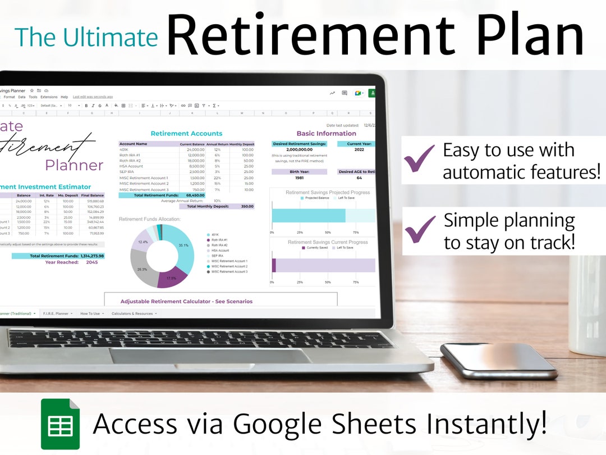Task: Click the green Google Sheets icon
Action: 60,424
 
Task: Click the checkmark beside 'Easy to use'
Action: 419,158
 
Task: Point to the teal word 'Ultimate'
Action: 110,37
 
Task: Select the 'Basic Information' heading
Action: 326,134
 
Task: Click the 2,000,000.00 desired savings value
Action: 299,150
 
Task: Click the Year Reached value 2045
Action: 91,262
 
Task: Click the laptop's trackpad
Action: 210,356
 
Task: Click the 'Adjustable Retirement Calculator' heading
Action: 186,302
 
